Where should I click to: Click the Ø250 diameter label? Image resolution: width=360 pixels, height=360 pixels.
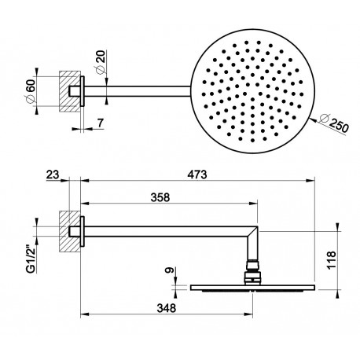tap(335, 123)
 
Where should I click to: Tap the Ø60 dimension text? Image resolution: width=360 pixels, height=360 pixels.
tap(31, 91)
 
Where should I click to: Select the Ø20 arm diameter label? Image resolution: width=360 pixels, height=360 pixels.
tap(100, 62)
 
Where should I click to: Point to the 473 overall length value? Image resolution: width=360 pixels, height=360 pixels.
tap(197, 174)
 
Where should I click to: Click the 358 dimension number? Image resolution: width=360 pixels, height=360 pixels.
tap(160, 197)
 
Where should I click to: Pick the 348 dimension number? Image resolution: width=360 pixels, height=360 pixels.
tap(167, 308)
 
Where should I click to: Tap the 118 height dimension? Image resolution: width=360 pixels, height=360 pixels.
tap(331, 260)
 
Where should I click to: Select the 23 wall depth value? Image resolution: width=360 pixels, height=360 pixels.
tap(53, 174)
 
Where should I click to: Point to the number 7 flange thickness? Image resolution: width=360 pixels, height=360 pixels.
tap(101, 123)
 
